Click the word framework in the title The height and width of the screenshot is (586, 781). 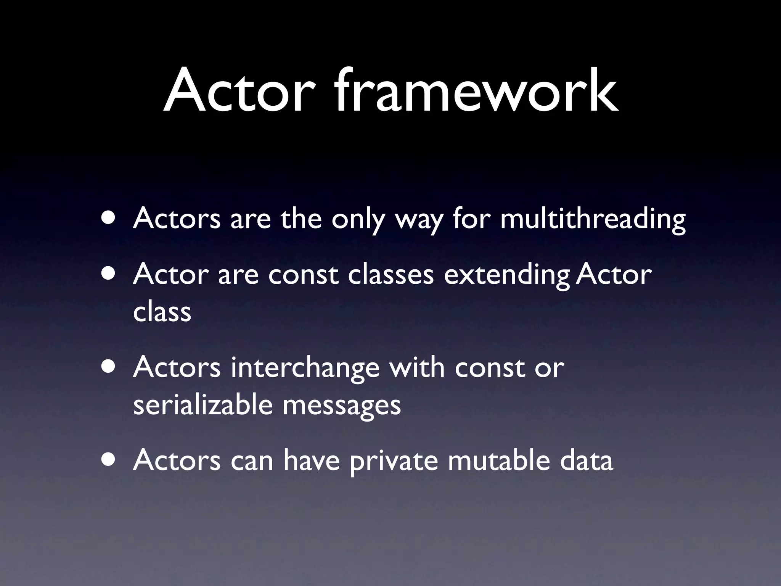tap(477, 92)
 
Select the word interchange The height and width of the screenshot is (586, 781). tap(305, 368)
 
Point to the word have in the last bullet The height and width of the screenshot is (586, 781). tap(311, 460)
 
